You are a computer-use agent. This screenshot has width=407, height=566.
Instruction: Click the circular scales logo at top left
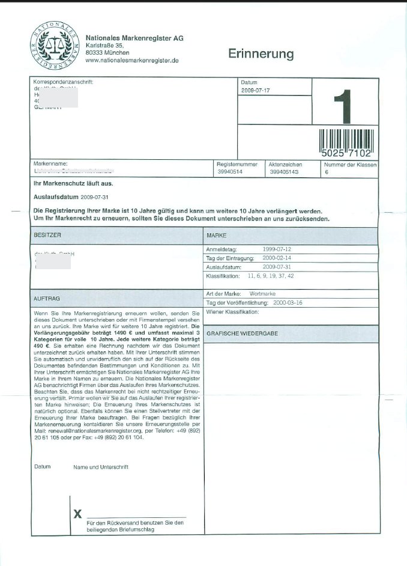[x=54, y=45]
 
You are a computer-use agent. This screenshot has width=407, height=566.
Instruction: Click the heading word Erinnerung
[x=261, y=54]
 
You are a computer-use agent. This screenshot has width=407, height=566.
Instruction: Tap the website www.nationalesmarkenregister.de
[x=133, y=61]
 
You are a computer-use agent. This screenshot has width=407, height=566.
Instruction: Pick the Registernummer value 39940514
[x=231, y=172]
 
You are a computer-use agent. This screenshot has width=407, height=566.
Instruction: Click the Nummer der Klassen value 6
[x=327, y=172]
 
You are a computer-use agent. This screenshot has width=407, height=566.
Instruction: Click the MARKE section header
[x=216, y=236]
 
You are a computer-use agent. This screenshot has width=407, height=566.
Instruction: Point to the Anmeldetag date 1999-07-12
[x=277, y=248]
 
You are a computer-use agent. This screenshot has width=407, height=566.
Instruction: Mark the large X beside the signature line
[x=77, y=514]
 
